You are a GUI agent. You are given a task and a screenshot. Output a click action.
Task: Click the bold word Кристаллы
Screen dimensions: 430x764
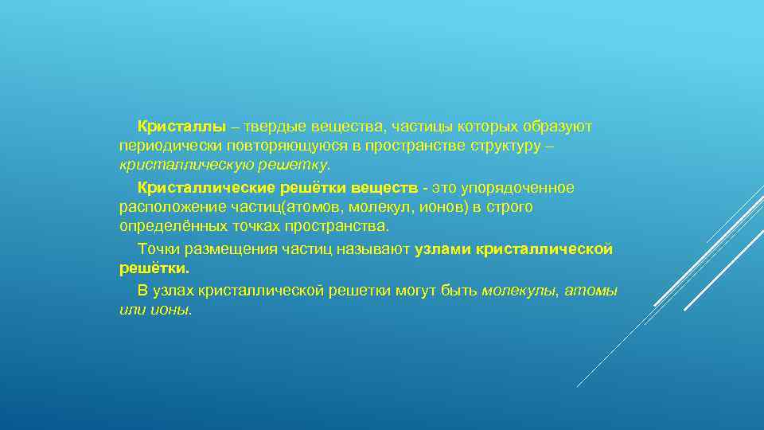coord(181,127)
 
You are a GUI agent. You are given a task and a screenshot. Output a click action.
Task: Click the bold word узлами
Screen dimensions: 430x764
coord(443,249)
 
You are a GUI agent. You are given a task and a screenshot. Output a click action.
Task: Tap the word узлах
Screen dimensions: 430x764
coord(173,291)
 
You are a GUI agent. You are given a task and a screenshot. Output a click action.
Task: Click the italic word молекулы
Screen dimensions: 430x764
coord(520,291)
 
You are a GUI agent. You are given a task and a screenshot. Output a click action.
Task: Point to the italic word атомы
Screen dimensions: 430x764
coord(592,291)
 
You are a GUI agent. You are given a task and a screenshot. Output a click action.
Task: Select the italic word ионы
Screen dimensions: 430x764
coord(171,310)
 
